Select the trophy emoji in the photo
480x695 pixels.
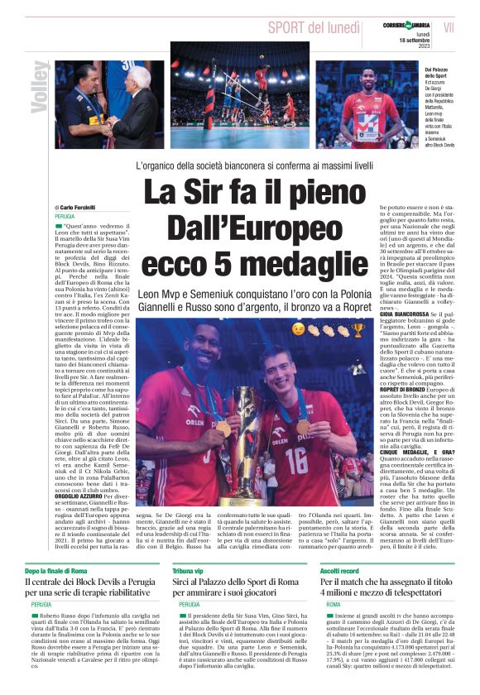[358, 330]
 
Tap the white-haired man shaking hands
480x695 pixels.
[132, 103]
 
